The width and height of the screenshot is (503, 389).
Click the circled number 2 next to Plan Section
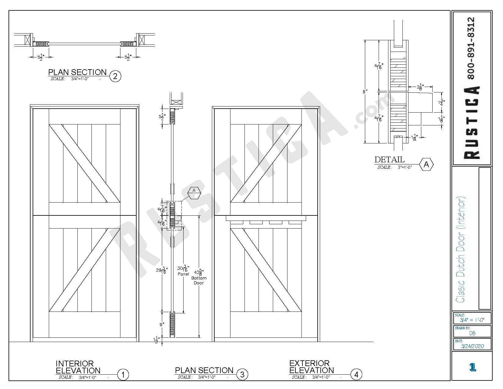[115, 76]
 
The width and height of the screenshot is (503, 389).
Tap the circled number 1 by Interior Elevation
[123, 375]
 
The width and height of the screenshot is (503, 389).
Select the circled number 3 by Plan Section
[242, 375]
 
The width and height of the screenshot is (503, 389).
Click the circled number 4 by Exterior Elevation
[356, 374]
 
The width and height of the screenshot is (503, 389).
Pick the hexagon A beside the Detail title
[426, 164]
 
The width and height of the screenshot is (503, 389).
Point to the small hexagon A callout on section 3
[194, 193]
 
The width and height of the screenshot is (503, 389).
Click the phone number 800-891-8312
[471, 48]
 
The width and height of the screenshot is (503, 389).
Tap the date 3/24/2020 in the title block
[473, 346]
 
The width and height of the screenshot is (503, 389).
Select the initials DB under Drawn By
[472, 333]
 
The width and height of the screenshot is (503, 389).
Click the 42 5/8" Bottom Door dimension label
[199, 277]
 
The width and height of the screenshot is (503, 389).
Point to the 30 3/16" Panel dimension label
[183, 271]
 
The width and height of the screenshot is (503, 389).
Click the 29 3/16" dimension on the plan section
[162, 270]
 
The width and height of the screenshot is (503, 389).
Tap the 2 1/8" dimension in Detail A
[420, 87]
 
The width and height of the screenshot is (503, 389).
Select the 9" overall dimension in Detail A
[365, 92]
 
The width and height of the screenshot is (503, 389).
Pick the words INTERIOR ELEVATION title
[78, 367]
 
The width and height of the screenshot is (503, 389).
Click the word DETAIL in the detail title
[389, 160]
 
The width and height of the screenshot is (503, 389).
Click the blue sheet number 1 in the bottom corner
[473, 367]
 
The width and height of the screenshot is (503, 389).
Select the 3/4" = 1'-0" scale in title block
[472, 320]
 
